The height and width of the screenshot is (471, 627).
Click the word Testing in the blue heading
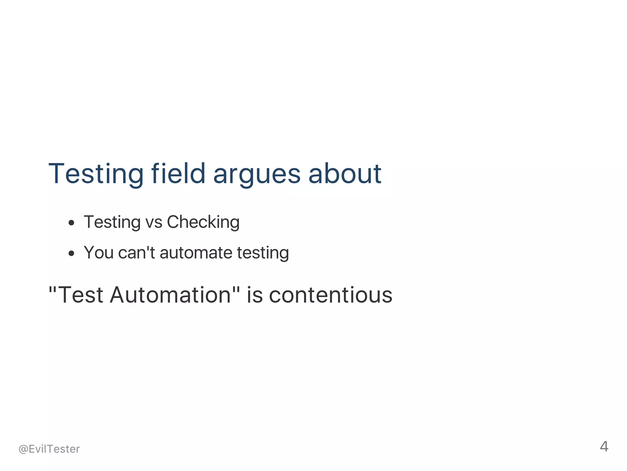point(96,174)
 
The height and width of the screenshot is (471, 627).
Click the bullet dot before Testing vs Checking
point(71,223)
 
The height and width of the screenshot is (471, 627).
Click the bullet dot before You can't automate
point(71,253)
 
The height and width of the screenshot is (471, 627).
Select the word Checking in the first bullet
point(203,222)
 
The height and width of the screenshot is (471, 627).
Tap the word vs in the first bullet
point(154,222)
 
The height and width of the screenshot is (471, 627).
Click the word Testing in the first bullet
point(112,222)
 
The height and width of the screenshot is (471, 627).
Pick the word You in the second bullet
point(99,253)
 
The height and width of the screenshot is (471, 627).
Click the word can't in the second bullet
point(137,253)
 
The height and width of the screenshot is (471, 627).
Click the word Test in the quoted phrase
point(80,295)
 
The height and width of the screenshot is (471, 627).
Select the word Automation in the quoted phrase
point(170,295)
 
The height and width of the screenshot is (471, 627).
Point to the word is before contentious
point(255,295)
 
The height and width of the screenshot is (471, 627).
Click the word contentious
point(331,295)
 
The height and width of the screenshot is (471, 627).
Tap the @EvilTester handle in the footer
point(49,449)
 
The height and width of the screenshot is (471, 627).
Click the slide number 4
point(604,447)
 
